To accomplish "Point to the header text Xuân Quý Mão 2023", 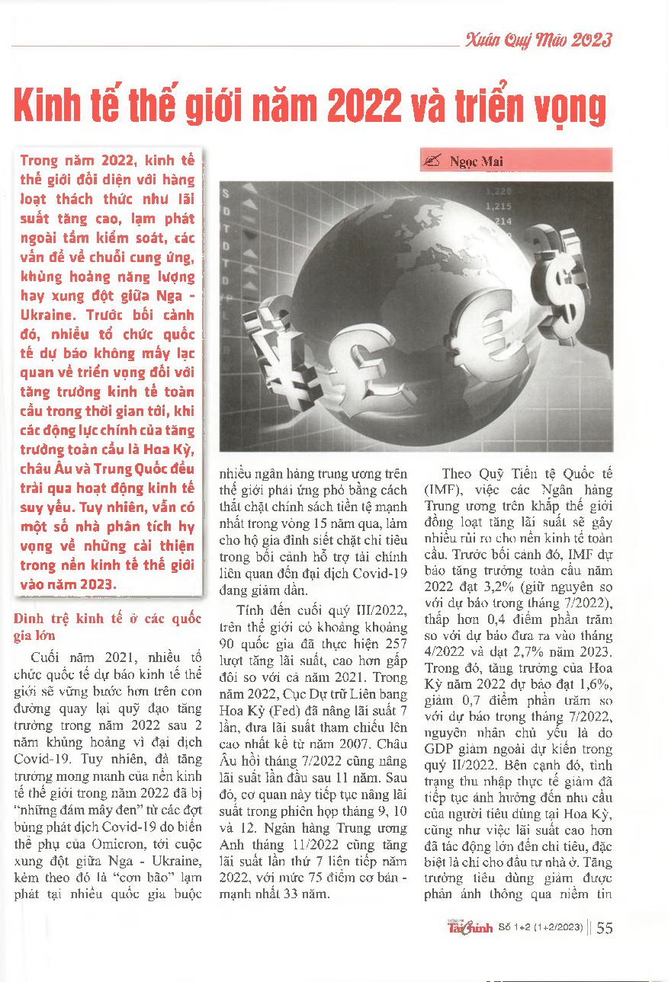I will pyautogui.click(x=538, y=40).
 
